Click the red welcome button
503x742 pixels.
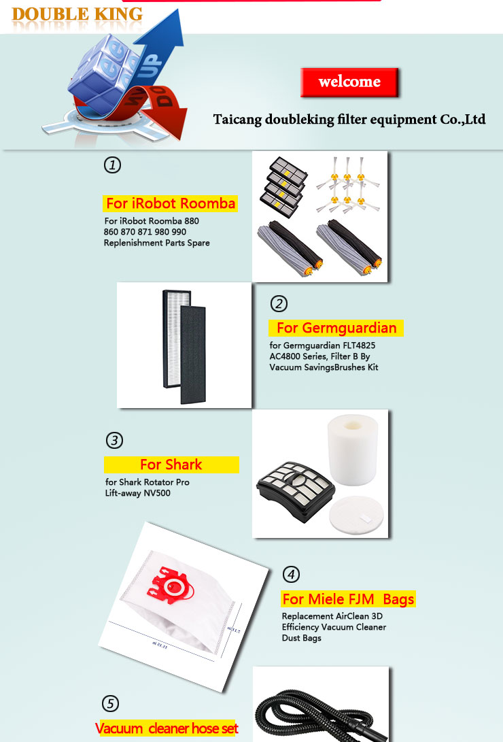349,82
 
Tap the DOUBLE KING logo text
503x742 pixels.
77,14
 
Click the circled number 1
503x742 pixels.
112,165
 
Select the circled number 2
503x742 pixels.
279,303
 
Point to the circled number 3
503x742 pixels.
114,440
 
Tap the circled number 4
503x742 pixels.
291,574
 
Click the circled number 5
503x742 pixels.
111,703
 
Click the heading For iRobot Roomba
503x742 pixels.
170,203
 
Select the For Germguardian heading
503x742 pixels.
336,328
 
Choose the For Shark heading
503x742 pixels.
171,465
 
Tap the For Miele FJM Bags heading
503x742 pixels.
349,599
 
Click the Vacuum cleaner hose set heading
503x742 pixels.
167,728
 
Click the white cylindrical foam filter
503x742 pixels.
353,449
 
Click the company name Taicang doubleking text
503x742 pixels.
349,119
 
